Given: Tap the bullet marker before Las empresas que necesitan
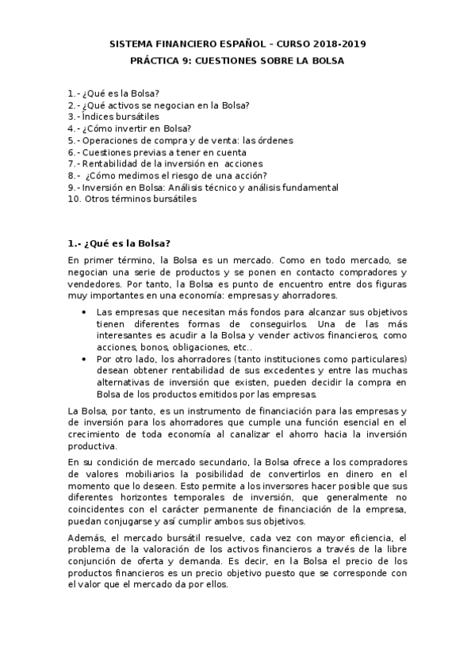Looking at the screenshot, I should click(x=85, y=312).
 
